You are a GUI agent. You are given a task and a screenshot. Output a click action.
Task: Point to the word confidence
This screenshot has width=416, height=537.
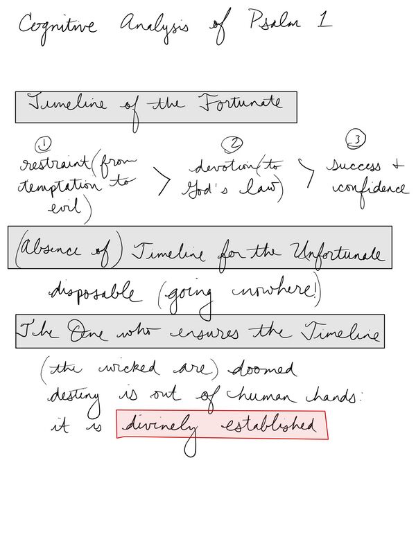tap(371, 188)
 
